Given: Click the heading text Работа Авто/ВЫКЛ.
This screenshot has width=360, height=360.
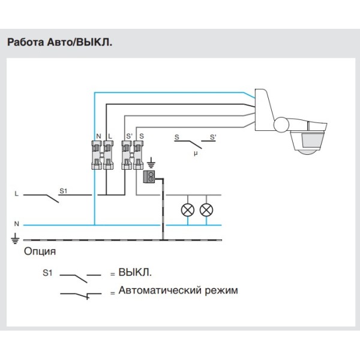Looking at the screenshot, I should click(x=59, y=43).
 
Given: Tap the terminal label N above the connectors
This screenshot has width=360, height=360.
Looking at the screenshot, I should click(x=98, y=137).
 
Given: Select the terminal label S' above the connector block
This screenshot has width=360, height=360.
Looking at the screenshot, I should click(x=128, y=137).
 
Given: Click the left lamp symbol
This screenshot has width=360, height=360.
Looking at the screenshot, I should click(x=188, y=209).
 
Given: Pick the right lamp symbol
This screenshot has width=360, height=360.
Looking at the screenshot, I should click(x=206, y=209).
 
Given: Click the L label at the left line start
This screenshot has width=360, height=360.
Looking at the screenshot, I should click(x=16, y=194).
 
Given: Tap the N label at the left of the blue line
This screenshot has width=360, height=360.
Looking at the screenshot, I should click(x=16, y=224).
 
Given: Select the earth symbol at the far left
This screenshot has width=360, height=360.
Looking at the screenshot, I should click(x=15, y=239).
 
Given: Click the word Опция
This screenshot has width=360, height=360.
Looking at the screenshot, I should click(x=40, y=251).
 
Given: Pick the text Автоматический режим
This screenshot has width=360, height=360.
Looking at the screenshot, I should click(x=178, y=290).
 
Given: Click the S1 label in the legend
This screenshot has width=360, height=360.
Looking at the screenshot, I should click(x=49, y=273).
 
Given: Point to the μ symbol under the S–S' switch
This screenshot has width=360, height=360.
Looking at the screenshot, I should click(x=195, y=154).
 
